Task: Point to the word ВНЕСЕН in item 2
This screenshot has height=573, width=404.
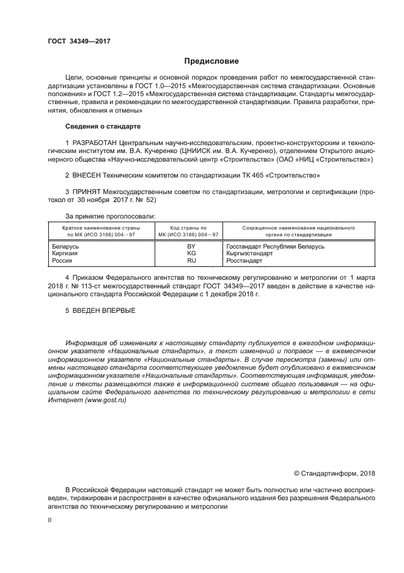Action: (90, 175)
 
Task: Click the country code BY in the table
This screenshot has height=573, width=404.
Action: (191, 246)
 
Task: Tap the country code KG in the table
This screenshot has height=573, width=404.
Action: (191, 253)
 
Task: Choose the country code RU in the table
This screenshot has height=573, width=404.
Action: (191, 260)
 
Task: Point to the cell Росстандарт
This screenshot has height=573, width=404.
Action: (244, 260)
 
